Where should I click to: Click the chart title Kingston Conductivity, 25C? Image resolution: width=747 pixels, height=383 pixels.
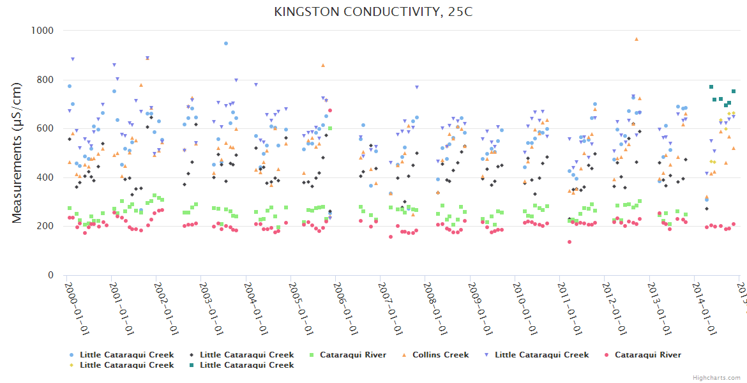(x=373, y=11)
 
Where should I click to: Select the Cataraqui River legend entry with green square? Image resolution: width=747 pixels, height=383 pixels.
(x=352, y=355)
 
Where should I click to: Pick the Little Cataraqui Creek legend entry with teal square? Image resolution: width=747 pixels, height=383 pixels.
(x=246, y=365)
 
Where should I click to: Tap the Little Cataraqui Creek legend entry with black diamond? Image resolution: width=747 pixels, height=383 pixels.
(x=246, y=355)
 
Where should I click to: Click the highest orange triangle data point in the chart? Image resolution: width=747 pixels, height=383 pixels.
(x=636, y=39)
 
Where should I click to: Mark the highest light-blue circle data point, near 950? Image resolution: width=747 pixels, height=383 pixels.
(x=226, y=43)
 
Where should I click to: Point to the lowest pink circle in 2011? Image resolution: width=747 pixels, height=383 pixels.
(x=569, y=242)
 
